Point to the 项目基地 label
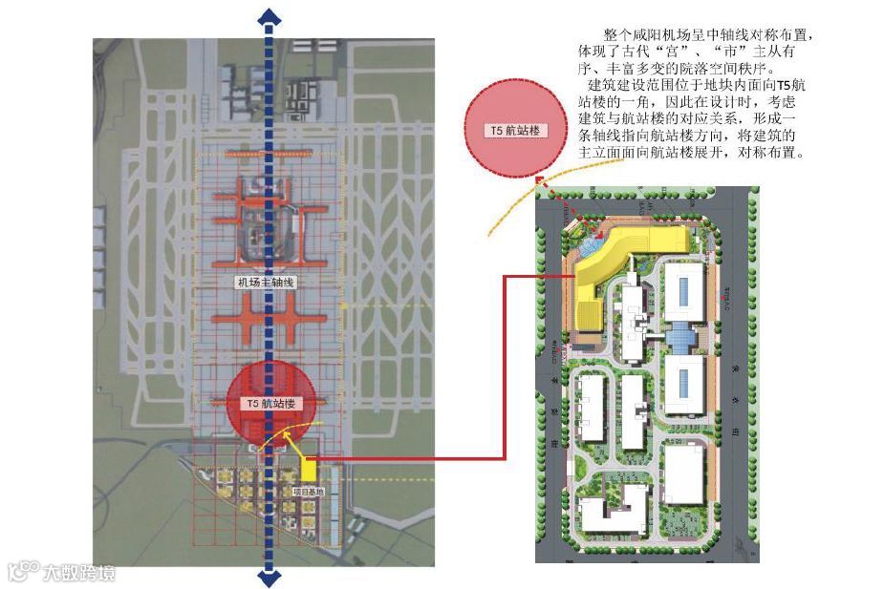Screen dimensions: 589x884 (x=307, y=492)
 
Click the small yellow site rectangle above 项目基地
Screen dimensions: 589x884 (x=309, y=469)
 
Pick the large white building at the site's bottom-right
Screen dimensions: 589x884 (x=685, y=474)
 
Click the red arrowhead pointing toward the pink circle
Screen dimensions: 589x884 (x=540, y=181)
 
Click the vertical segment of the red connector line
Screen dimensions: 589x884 (x=506, y=368)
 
